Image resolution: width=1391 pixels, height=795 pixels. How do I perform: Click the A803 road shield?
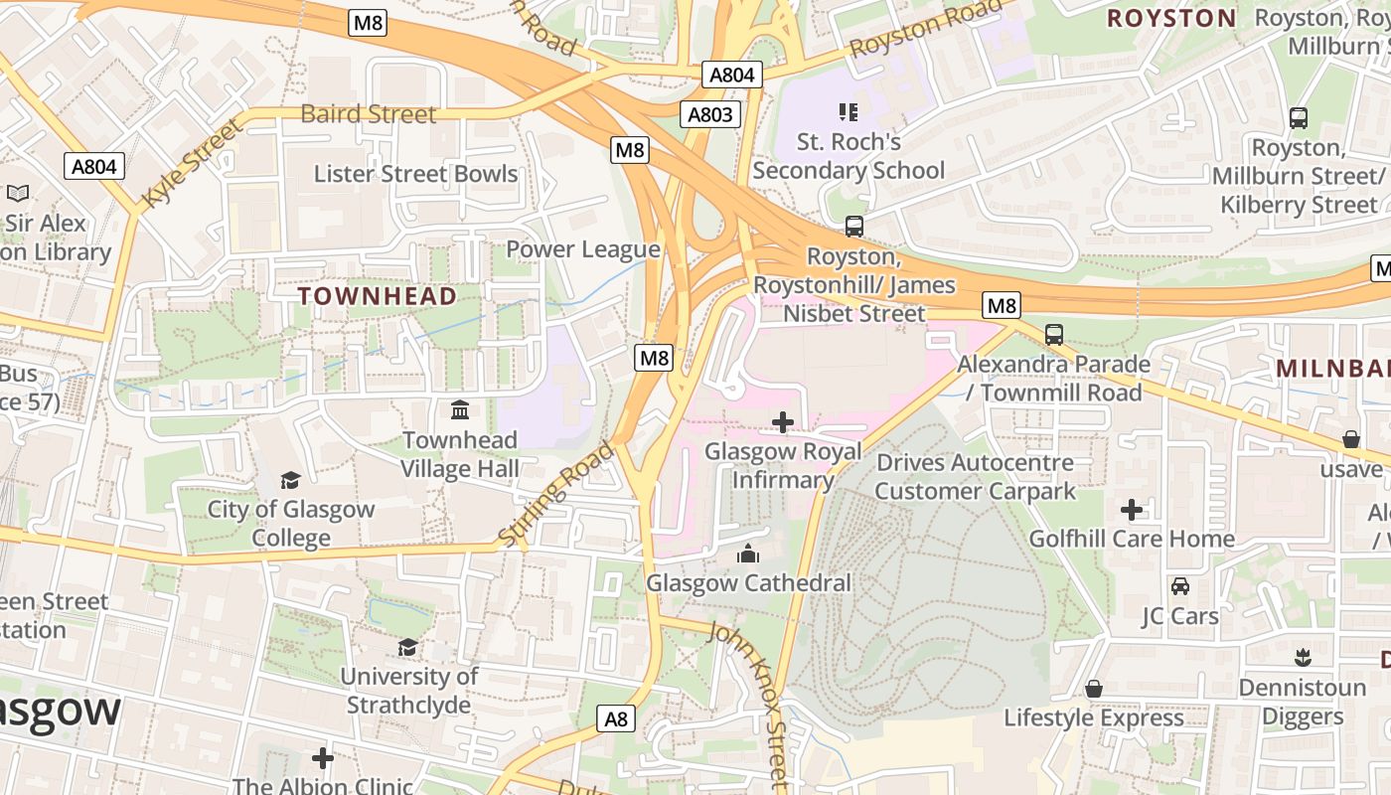[x=710, y=114]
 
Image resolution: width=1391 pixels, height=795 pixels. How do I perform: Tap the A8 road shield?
[x=617, y=718]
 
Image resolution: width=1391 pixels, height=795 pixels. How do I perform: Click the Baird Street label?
[x=369, y=114]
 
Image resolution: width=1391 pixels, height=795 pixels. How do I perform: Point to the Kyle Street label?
[x=192, y=164]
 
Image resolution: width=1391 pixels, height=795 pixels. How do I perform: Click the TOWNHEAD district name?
[x=378, y=296]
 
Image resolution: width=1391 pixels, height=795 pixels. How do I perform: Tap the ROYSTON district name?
[x=1171, y=18]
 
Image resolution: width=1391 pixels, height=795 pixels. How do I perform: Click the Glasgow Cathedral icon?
[x=748, y=553]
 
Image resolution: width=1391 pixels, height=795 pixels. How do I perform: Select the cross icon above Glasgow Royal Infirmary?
[x=783, y=422]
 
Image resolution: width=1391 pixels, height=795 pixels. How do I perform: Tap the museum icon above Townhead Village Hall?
[x=460, y=409]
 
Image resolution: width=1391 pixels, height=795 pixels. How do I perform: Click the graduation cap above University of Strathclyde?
[x=407, y=648]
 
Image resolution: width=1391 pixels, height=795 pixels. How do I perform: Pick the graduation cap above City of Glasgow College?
[x=290, y=481]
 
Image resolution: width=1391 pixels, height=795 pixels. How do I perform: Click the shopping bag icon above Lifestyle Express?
[x=1094, y=689]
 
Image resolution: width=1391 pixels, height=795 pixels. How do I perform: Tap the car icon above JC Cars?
[x=1180, y=586]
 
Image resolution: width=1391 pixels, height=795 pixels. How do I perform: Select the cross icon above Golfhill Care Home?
[x=1132, y=510]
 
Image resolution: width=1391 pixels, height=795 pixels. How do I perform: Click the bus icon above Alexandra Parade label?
[x=1054, y=335]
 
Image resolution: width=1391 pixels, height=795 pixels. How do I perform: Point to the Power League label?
[x=583, y=249]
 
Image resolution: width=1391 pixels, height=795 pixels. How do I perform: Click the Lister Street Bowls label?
[x=415, y=174]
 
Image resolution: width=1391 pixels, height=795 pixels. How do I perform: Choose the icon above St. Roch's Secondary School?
[x=848, y=112]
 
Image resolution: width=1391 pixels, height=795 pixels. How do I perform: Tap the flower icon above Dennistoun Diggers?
[x=1303, y=658]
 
